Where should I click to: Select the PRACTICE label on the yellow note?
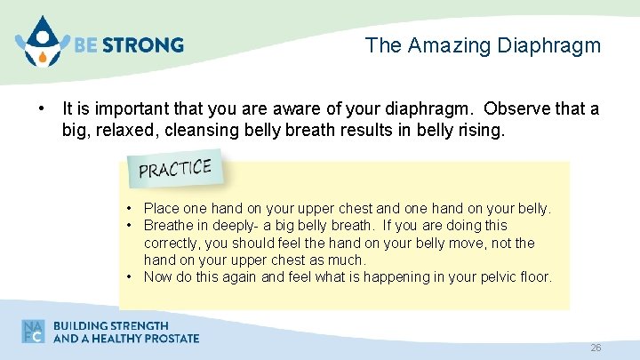tap(175, 168)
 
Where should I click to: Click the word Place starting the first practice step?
tap(162, 209)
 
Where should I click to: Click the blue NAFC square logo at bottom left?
tap(34, 331)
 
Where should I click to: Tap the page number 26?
tap(596, 348)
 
